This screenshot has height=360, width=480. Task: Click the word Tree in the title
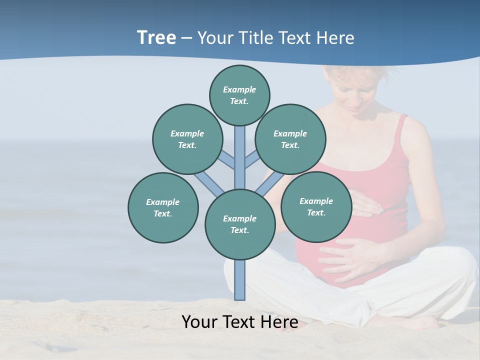[x=156, y=37]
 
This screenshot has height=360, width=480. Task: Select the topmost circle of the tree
[x=239, y=95]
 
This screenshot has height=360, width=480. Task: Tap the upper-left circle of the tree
[x=187, y=139]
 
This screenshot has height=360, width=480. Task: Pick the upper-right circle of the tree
[x=290, y=139]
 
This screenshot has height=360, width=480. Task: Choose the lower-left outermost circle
[x=163, y=207]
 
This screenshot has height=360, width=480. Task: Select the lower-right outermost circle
[x=316, y=206]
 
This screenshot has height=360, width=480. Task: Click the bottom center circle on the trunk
[x=240, y=224]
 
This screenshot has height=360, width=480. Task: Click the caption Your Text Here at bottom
[x=239, y=322]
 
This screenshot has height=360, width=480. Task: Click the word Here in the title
[x=336, y=38]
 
